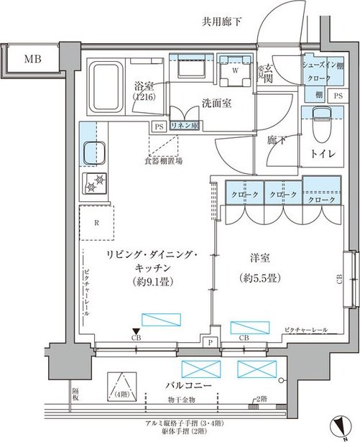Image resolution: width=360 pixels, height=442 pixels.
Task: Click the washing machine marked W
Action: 234,70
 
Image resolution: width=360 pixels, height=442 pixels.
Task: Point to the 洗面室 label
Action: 216,103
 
